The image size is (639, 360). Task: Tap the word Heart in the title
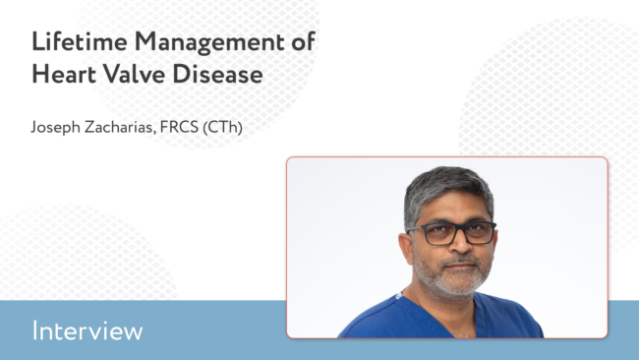coord(64,74)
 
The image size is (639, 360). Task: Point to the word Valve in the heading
coord(134,74)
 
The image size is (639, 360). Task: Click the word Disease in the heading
coord(217,74)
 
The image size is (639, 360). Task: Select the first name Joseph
coord(56,128)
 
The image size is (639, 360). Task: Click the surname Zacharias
coord(120,127)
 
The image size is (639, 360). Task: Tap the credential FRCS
coord(179,127)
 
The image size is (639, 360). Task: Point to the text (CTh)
coord(222,127)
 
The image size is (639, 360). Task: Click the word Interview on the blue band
coord(87,330)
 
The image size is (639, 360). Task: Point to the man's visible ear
coord(407,249)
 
